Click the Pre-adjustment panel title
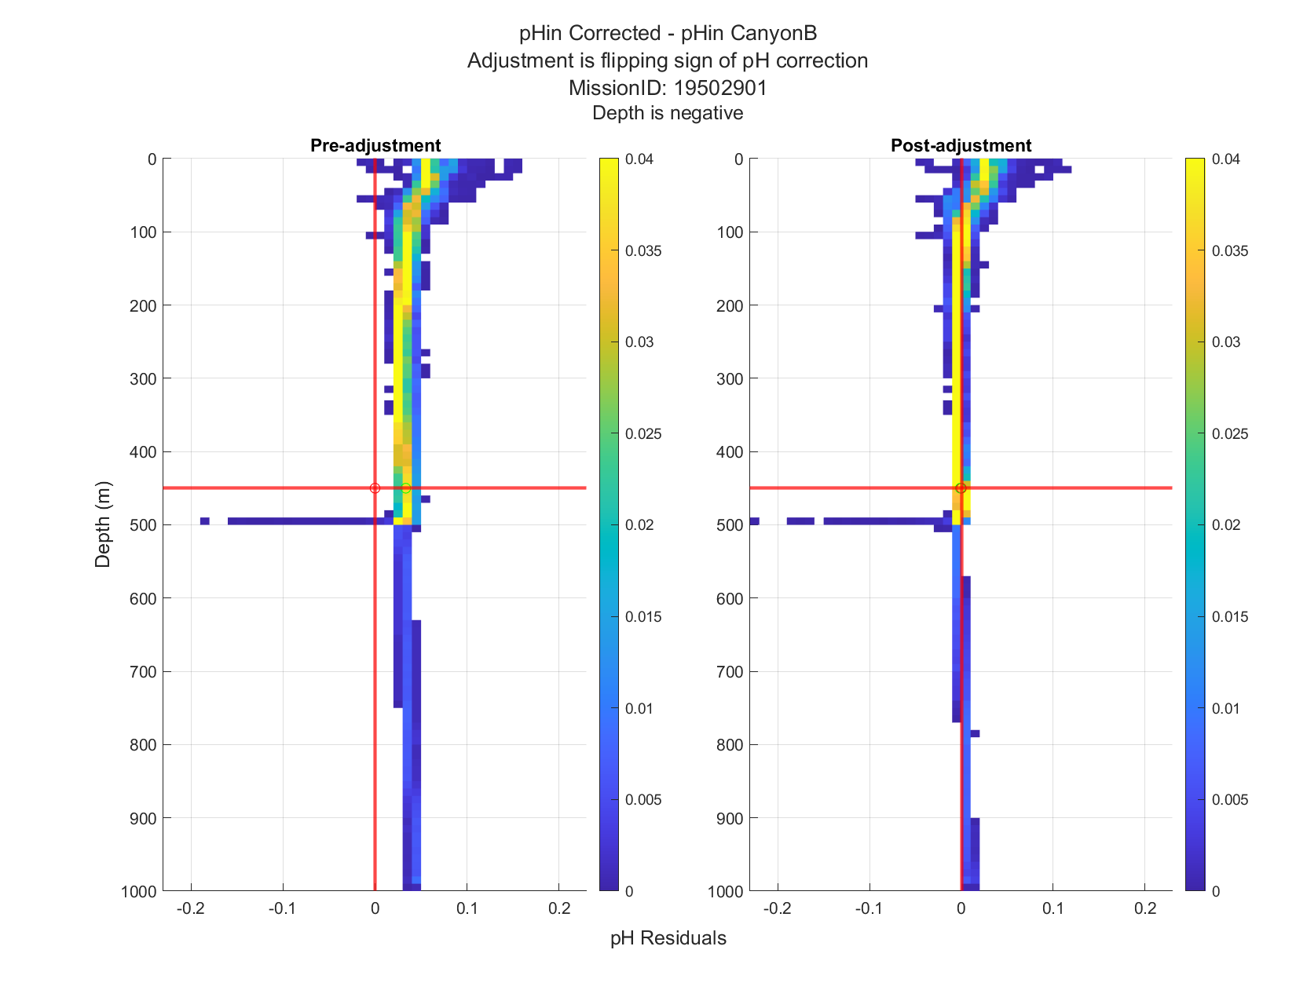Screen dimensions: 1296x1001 click(x=375, y=145)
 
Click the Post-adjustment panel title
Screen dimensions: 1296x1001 click(x=961, y=145)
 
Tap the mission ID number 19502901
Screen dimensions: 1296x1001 click(x=720, y=88)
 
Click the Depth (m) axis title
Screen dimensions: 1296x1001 click(x=103, y=524)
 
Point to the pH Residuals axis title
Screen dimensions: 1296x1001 click(x=668, y=938)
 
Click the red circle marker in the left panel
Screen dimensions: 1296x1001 click(x=375, y=488)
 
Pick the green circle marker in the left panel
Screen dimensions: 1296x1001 click(x=405, y=488)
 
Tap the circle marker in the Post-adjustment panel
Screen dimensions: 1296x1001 click(x=961, y=488)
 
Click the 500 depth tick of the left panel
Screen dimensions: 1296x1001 click(x=143, y=525)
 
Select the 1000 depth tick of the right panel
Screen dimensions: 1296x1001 click(x=725, y=892)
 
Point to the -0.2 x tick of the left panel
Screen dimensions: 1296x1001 click(x=191, y=908)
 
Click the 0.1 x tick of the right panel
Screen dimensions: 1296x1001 click(x=1053, y=908)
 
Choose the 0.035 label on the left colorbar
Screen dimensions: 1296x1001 click(x=643, y=251)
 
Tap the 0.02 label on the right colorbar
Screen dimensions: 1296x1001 click(x=1225, y=525)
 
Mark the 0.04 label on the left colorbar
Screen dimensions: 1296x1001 click(x=639, y=159)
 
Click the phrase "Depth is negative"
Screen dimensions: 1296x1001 click(x=668, y=113)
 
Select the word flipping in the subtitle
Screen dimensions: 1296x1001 click(x=634, y=61)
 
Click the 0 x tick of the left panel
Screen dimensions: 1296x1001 click(x=375, y=908)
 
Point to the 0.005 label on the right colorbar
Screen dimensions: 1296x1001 click(x=1230, y=800)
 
